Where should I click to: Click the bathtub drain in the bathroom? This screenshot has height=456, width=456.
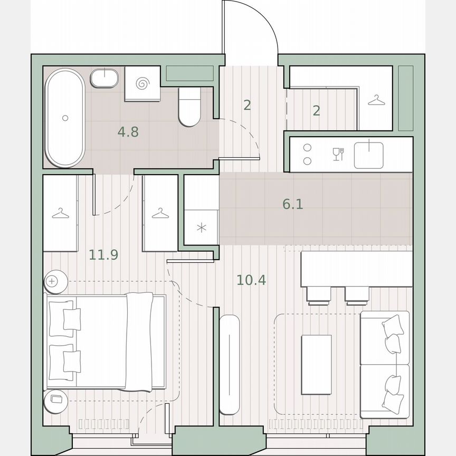tap(65, 118)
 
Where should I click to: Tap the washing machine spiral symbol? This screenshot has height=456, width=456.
tap(142, 83)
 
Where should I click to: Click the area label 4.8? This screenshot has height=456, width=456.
tap(128, 132)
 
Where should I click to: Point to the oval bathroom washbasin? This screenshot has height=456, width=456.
tap(106, 79)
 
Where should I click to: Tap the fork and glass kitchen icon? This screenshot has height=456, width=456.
tap(338, 154)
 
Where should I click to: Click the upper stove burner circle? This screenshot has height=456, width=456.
tap(308, 149)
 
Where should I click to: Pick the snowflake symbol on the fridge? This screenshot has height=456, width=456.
tap(201, 228)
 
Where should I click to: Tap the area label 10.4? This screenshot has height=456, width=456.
tap(251, 280)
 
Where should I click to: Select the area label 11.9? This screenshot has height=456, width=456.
tap(103, 255)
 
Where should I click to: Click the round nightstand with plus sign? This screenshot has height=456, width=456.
tap(53, 281)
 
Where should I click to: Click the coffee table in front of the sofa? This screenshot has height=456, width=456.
tap(316, 364)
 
